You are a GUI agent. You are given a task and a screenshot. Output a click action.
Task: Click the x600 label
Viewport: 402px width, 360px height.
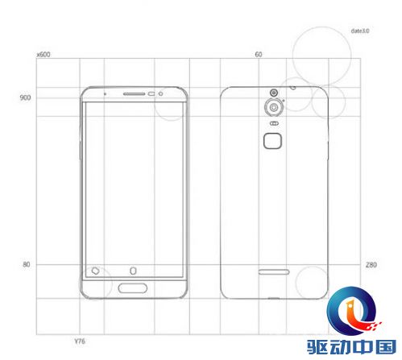pos(44,55)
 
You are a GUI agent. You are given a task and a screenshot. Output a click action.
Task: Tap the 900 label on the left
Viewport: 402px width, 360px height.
pos(25,97)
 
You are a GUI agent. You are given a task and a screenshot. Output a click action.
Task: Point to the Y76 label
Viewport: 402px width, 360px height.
pos(80,341)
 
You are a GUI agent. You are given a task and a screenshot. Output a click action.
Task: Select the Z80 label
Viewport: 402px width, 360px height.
pos(371,265)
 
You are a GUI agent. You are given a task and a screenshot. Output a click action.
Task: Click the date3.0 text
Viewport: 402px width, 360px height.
pos(360,31)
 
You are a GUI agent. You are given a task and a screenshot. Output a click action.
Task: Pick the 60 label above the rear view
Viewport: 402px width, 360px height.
pos(259,55)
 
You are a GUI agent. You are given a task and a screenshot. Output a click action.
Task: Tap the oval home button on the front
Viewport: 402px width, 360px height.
pos(133,288)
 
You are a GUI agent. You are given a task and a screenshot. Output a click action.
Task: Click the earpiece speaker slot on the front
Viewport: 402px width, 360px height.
pos(134,94)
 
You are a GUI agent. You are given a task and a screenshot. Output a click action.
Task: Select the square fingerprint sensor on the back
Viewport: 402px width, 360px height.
pos(272,141)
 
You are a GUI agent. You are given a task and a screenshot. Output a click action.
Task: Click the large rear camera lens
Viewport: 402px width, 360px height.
pos(274,107)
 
